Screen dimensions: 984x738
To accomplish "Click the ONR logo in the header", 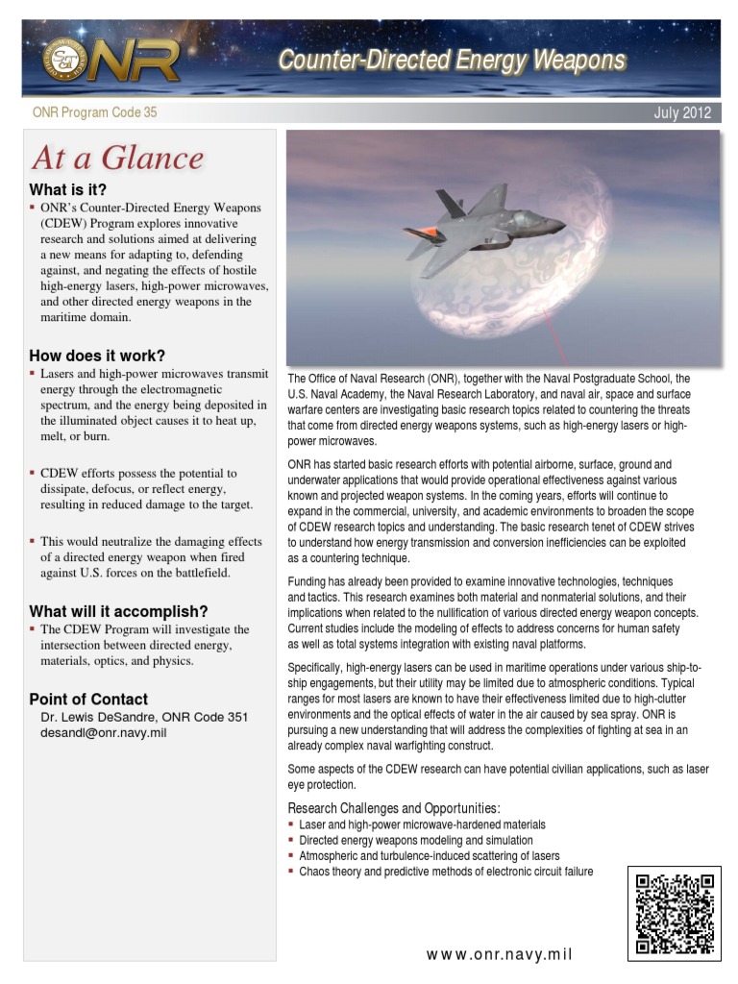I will point(111,61).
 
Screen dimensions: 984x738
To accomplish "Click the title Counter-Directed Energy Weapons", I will point(452,61).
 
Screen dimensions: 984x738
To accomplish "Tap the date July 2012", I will point(681,113).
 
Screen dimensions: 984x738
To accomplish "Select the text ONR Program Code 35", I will point(94,113).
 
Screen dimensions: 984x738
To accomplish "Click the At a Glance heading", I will point(117,158).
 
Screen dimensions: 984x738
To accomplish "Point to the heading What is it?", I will point(68,189).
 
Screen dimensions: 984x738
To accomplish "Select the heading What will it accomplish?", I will point(118,611).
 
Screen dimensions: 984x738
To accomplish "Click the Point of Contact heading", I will point(88,699).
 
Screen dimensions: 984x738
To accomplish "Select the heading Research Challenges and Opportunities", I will point(394,807).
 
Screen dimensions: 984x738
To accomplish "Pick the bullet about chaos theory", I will point(446,871).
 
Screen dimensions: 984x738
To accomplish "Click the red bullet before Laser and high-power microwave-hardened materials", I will point(291,824).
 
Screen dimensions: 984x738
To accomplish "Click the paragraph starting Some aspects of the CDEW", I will point(498,776).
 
